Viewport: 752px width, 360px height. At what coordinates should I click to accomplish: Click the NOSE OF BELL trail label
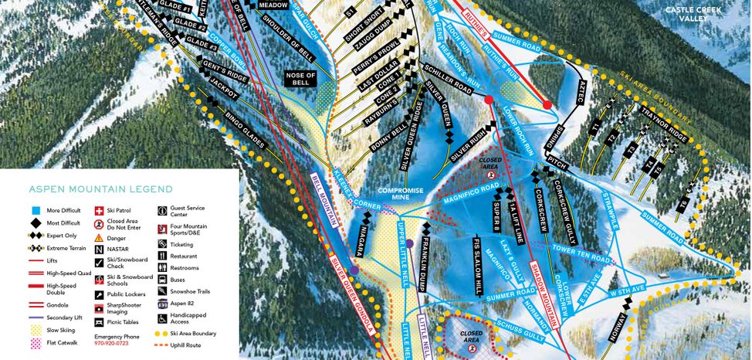click(x=301, y=80)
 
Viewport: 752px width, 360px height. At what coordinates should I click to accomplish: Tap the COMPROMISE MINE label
click(x=398, y=195)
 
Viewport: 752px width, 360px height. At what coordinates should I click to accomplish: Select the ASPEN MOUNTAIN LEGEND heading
click(x=100, y=189)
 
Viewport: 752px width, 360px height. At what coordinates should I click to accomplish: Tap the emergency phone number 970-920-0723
click(x=117, y=345)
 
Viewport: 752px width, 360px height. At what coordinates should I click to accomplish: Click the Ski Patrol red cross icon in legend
click(x=99, y=210)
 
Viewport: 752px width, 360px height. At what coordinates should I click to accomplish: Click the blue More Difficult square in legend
click(x=36, y=210)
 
